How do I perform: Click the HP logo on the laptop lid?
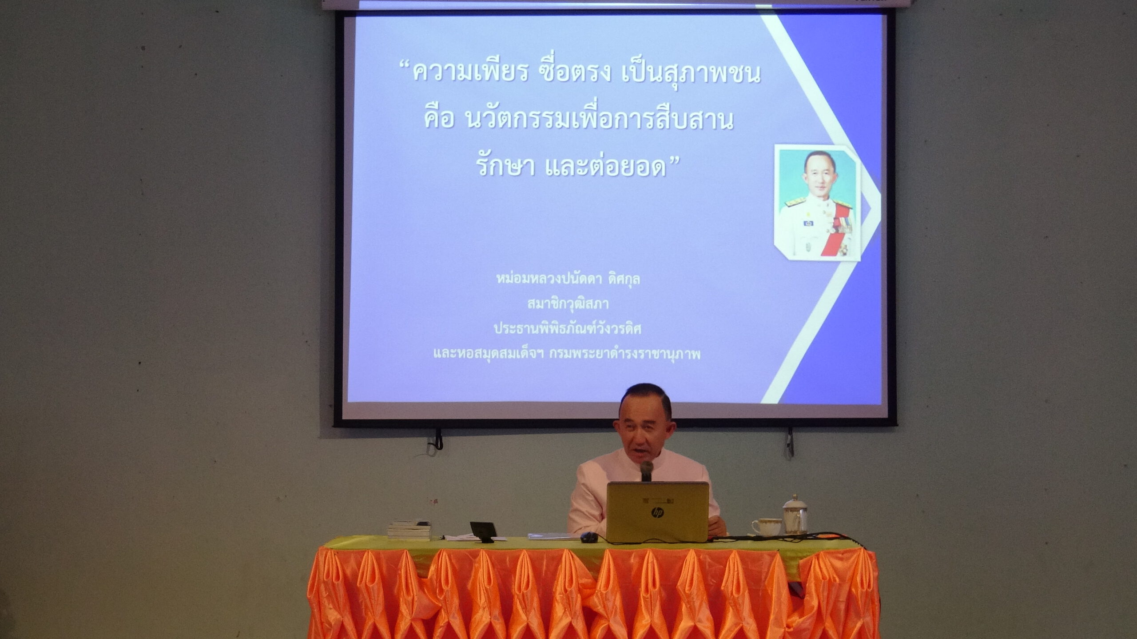coord(657,513)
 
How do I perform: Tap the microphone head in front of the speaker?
coord(646,468)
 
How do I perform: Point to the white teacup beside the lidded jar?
coord(767,527)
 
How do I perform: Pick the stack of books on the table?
coord(409,530)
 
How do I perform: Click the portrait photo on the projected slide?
coord(817,202)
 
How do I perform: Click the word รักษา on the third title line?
coord(505,166)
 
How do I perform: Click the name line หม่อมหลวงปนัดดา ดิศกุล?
coord(568,279)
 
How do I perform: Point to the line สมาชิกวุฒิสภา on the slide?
coord(568,304)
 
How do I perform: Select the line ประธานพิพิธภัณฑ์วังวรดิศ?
coord(568,329)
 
